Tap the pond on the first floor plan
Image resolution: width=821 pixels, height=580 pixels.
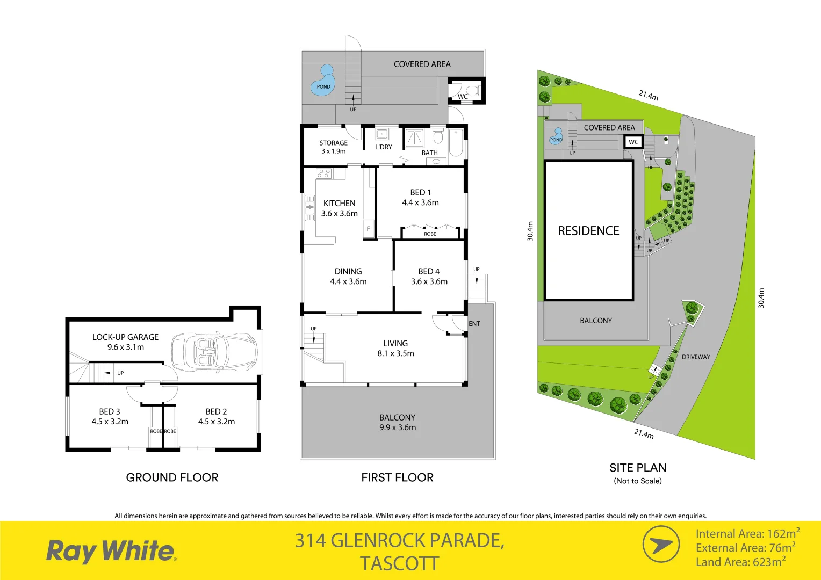point(322,82)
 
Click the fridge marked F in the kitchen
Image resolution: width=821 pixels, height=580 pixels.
point(368,228)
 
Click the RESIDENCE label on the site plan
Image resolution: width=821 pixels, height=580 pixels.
point(588,231)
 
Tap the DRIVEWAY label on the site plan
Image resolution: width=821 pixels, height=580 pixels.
point(696,357)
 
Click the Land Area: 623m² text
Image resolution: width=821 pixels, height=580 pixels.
point(740,562)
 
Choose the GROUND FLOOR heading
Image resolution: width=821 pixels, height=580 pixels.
point(172,477)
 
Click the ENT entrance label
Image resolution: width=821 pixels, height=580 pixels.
point(474,324)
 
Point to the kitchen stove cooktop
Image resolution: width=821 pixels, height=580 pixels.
point(323,173)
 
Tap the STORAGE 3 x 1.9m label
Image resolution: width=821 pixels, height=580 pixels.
point(333,147)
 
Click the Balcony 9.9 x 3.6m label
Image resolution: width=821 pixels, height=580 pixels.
point(397,423)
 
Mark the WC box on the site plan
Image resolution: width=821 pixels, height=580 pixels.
point(633,142)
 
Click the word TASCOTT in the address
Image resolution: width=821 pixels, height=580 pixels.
point(399,564)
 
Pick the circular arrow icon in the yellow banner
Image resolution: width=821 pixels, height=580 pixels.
point(661,545)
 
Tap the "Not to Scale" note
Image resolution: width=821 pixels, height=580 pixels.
point(638,481)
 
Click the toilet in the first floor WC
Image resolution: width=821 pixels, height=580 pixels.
point(471,90)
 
